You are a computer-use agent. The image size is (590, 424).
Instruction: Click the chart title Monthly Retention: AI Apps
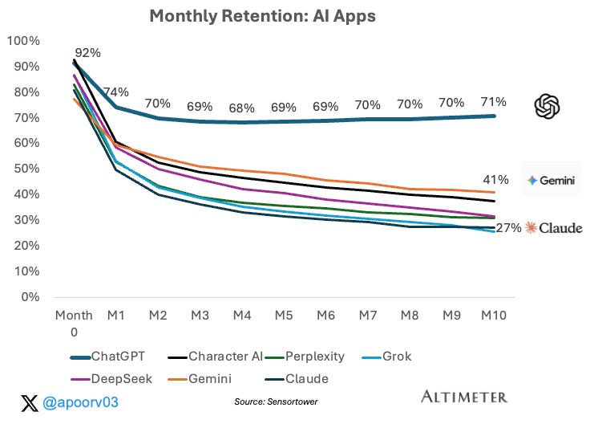click(x=252, y=15)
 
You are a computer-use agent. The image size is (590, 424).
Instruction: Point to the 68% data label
click(x=241, y=108)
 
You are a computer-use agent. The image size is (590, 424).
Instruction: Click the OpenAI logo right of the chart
click(x=548, y=105)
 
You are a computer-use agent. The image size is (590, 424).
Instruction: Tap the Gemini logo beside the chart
click(x=550, y=181)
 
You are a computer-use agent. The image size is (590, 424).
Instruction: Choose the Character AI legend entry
click(x=222, y=357)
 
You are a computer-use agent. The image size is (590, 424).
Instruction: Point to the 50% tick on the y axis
click(x=30, y=169)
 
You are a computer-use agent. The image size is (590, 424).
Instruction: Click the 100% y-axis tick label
click(x=26, y=41)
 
